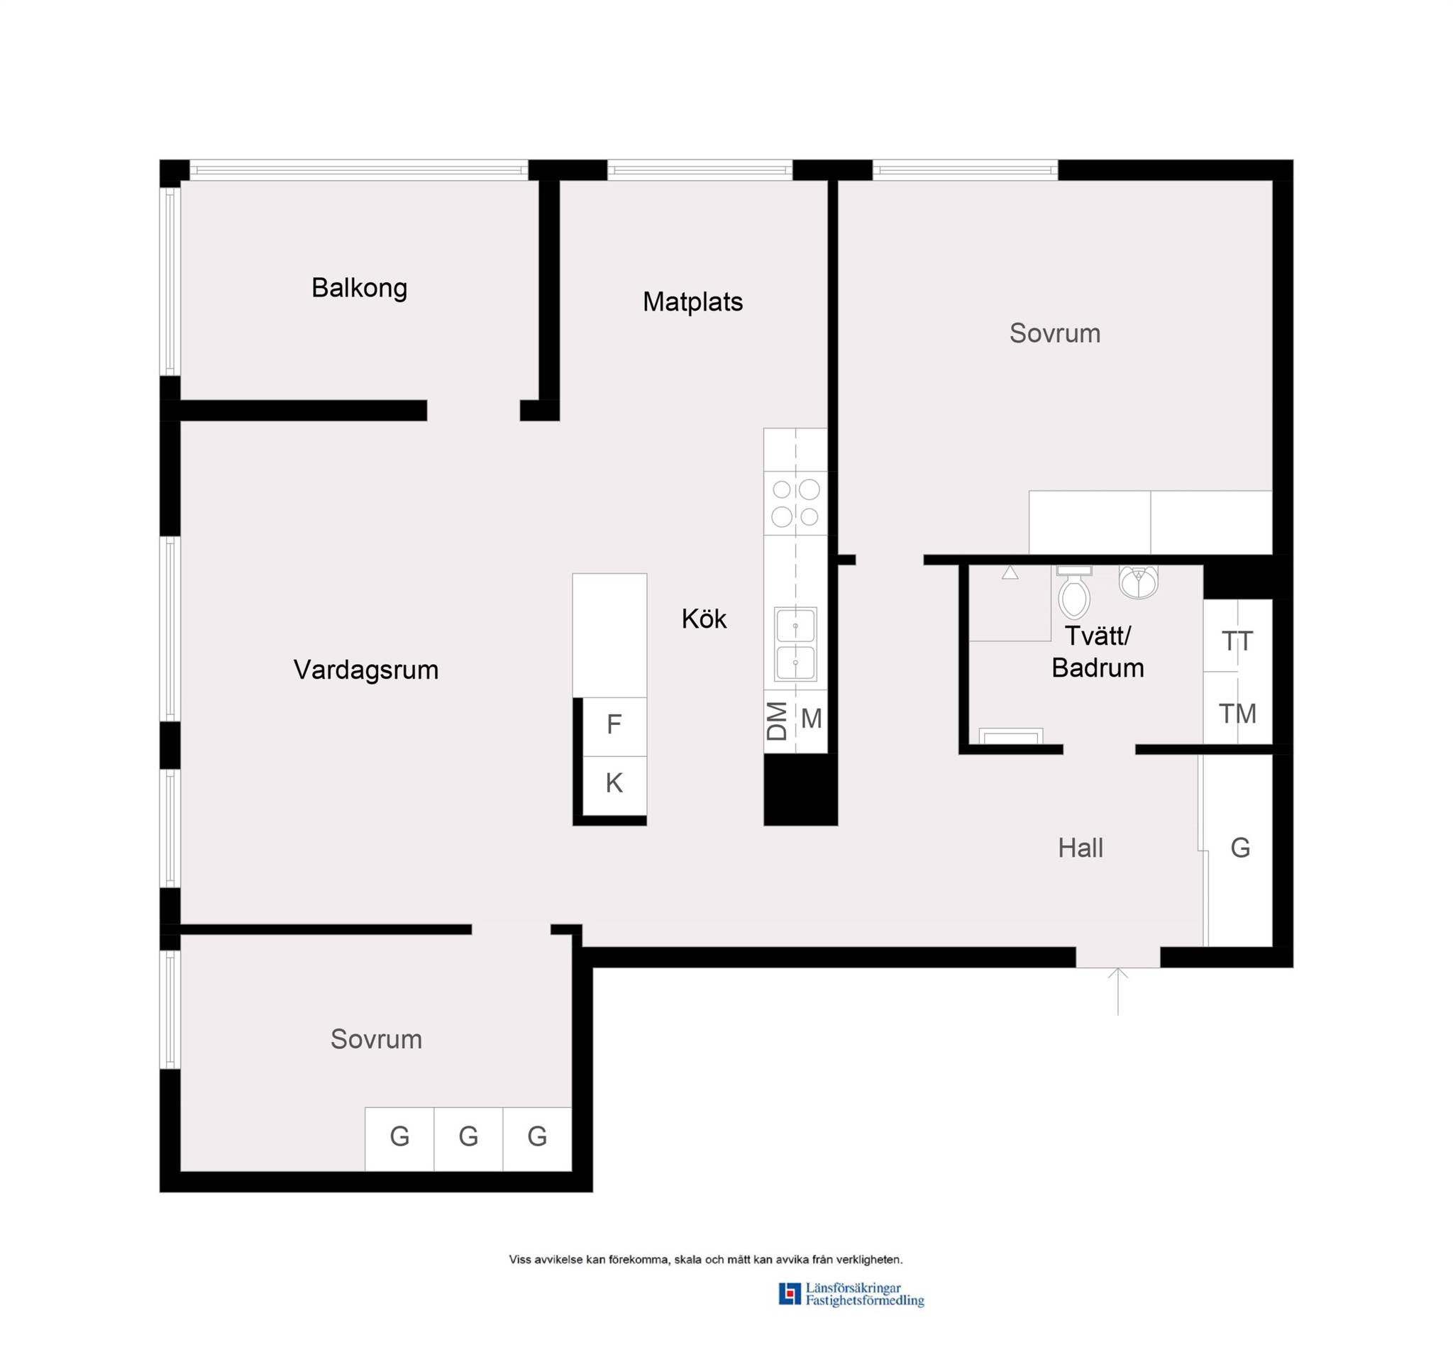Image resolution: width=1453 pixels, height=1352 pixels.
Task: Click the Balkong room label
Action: pos(359,289)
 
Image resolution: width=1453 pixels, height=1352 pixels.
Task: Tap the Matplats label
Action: pos(692,302)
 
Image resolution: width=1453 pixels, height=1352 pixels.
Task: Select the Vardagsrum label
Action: pos(365,670)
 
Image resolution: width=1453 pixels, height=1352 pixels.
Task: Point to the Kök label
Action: pos(703,619)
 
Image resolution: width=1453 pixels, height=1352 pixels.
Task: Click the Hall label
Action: pos(1081,848)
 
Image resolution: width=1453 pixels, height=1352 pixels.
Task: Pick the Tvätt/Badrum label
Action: pos(1098,652)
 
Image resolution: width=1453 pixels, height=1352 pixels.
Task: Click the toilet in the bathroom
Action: pos(1073,592)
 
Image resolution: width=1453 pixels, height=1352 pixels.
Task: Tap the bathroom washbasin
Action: pos(1138,582)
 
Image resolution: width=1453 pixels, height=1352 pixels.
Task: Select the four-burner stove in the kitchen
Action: pos(795,503)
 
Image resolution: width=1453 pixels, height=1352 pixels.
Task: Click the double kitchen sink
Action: pos(795,644)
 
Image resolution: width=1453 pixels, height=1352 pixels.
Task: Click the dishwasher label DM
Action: pos(777,721)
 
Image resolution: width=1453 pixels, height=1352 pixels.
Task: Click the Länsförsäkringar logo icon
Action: pos(790,1294)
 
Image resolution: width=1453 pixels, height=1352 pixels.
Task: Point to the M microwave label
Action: pos(812,719)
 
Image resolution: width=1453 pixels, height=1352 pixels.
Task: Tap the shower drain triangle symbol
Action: pos(1010,573)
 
